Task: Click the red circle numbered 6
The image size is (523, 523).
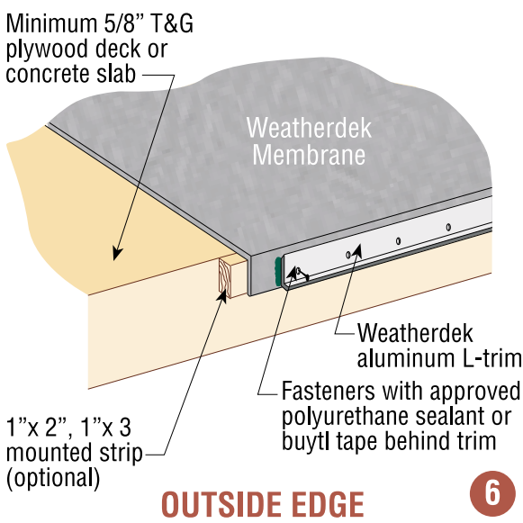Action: point(492,492)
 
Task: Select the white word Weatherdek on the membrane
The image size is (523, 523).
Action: point(309,128)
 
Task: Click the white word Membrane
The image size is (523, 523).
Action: point(309,155)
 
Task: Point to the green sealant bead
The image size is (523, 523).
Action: point(277,271)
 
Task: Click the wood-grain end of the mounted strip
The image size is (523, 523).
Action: point(224,278)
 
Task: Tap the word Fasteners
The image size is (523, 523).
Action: point(329,391)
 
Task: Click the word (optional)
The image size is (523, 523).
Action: point(53,478)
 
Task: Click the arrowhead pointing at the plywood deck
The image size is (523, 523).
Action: point(117,254)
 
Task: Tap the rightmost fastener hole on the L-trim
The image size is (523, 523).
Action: point(448,228)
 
